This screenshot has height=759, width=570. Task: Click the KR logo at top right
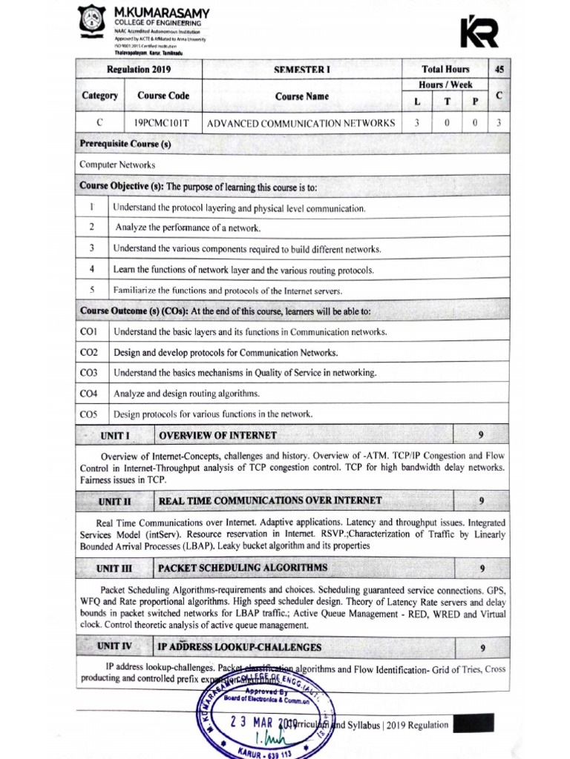[479, 32]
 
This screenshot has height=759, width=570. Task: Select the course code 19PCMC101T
[163, 123]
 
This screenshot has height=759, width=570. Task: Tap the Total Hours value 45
[499, 70]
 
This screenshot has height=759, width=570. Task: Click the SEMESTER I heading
[301, 70]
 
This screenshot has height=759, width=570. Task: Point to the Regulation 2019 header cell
[139, 70]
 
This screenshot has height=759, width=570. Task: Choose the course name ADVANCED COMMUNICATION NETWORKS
[301, 123]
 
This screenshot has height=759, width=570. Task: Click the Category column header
[99, 96]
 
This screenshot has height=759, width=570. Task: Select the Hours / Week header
[446, 84]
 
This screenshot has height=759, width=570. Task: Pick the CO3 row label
[89, 372]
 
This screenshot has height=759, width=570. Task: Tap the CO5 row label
[89, 414]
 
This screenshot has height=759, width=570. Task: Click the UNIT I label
[115, 435]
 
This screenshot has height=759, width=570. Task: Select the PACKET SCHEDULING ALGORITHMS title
[243, 568]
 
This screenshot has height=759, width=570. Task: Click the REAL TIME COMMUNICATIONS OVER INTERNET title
[270, 501]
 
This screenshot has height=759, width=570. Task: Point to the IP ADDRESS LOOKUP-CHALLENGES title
[240, 647]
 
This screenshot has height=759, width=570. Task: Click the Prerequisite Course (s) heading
[125, 143]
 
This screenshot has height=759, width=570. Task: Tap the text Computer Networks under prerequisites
[117, 165]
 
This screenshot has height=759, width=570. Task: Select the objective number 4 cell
[91, 269]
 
